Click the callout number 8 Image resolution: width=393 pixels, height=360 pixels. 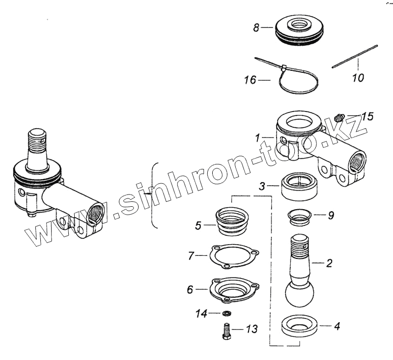click(x=256, y=28)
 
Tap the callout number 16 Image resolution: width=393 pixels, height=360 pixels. click(x=250, y=80)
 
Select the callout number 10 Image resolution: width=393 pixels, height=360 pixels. click(x=358, y=78)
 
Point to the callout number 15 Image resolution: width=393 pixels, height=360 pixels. click(x=367, y=117)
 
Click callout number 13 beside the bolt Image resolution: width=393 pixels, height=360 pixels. click(x=251, y=329)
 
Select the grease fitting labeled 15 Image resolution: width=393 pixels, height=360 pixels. click(x=338, y=118)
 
